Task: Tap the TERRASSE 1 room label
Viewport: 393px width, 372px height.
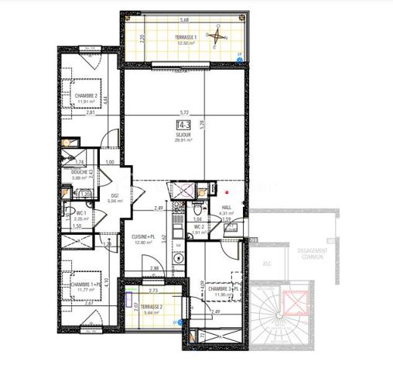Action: (x=185, y=36)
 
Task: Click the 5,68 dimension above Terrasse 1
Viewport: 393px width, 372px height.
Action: (x=184, y=20)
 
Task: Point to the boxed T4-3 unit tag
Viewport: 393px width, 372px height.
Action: (x=184, y=125)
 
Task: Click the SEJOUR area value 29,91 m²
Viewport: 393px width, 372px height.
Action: (x=184, y=140)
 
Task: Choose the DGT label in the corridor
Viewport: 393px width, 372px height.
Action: (x=114, y=195)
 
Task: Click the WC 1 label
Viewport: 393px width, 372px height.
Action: (x=81, y=212)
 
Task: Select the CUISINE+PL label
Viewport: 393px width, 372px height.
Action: (x=144, y=236)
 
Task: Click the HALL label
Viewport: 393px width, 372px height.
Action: (x=227, y=208)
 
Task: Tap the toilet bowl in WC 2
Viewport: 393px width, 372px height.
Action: (x=199, y=209)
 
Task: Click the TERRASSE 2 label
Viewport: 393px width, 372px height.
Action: (x=152, y=306)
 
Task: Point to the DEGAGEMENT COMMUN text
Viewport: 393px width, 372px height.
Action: (x=315, y=253)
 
